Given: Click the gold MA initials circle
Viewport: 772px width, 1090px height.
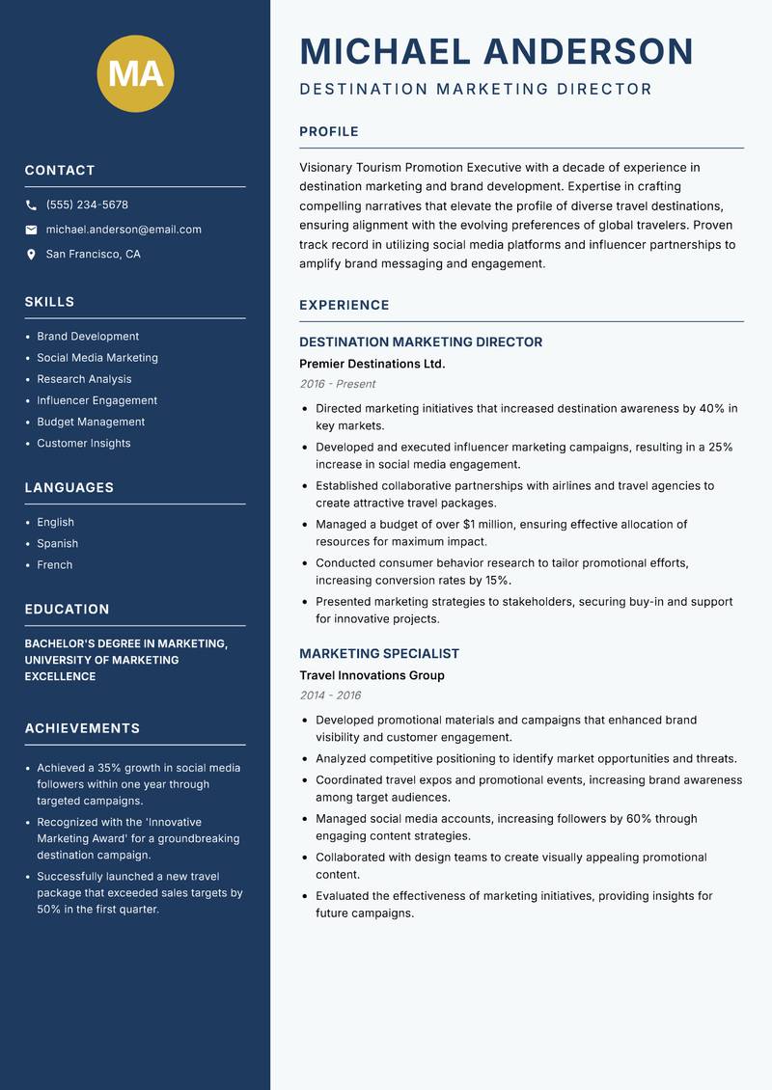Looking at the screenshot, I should point(135,73).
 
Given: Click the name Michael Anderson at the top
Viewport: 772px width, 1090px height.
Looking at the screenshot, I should point(496,51).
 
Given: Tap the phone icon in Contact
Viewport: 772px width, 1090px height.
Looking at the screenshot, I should point(31,205).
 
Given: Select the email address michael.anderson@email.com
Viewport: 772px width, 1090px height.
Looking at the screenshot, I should point(124,230).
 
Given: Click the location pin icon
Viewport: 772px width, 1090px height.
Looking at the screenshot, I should point(31,255).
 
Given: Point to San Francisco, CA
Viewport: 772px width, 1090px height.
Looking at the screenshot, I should point(93,255).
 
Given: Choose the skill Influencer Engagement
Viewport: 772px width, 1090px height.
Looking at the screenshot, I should point(96,400).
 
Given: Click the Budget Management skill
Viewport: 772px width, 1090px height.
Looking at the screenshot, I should point(91,422).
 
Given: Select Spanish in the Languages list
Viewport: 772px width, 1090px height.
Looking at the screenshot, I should point(57,543).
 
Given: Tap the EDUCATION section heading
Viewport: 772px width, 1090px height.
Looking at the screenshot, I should point(67,610).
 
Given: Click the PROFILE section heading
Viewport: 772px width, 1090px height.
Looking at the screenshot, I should point(328,132).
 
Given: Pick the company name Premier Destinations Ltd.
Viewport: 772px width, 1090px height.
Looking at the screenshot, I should point(372,364).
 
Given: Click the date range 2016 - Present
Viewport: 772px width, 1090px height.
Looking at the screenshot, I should point(337,384).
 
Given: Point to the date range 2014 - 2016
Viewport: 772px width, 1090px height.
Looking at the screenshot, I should point(329,695).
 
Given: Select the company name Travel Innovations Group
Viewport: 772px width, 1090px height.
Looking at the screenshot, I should point(372,675).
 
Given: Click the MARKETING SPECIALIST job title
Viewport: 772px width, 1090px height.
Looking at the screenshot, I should point(378,653).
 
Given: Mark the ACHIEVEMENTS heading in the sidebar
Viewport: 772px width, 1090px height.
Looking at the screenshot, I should point(82,728).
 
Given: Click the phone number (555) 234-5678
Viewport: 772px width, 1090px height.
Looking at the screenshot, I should point(87,205).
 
